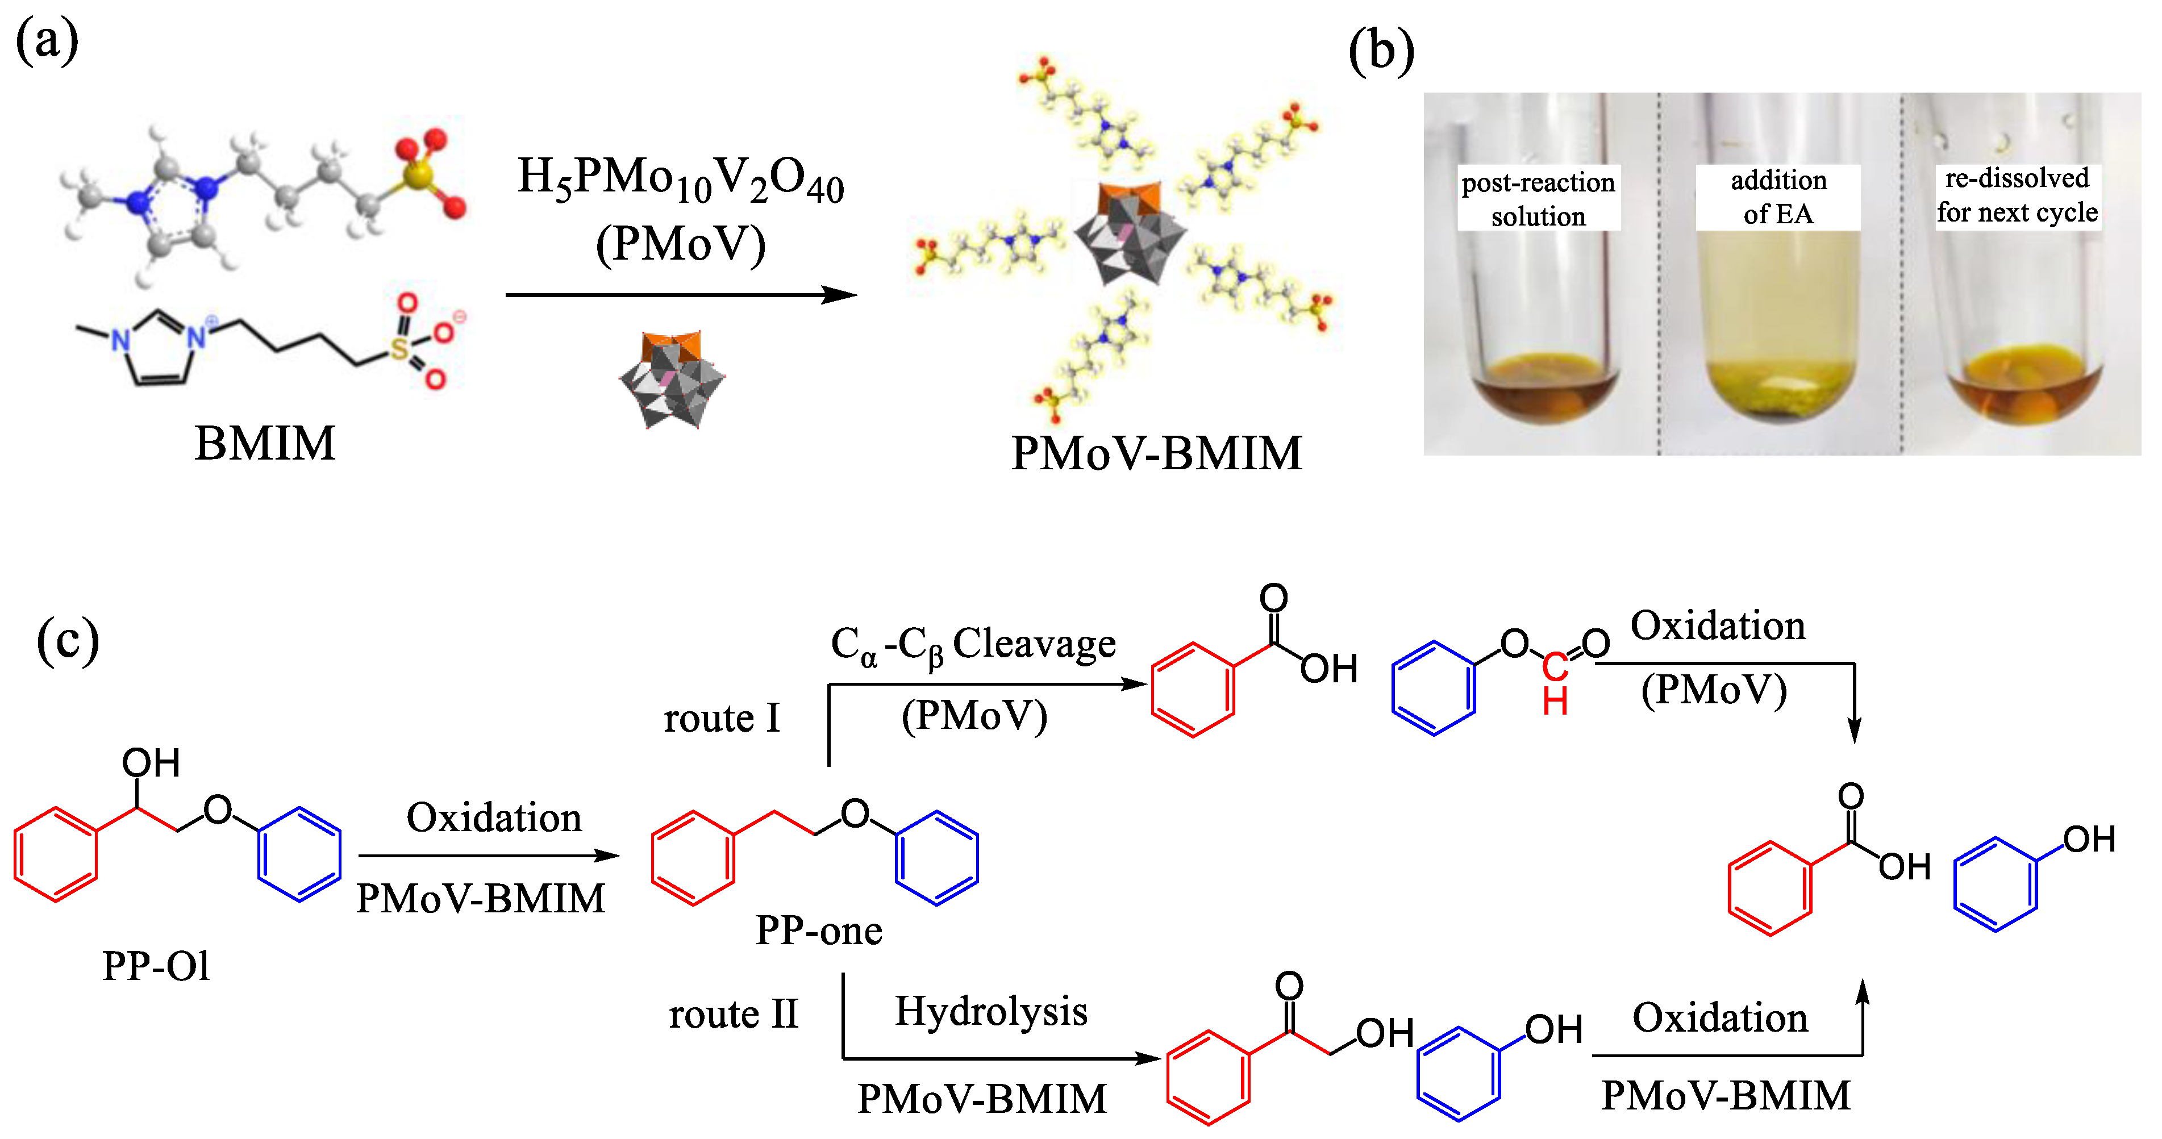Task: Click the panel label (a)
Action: coord(47,40)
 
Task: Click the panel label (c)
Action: coord(67,640)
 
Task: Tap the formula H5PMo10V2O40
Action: coord(680,179)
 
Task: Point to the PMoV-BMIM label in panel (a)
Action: coord(1156,453)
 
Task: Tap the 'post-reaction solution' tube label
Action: coord(1538,198)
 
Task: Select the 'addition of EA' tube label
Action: coord(1777,197)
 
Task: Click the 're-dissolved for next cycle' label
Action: coord(2017,195)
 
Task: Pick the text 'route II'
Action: coord(733,1014)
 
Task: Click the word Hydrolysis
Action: coord(990,1011)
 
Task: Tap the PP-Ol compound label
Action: coord(156,965)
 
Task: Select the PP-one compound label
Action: coord(818,930)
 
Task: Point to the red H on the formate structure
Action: coord(1555,701)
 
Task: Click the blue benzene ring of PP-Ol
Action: coord(299,854)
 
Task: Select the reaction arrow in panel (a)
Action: coord(680,295)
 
